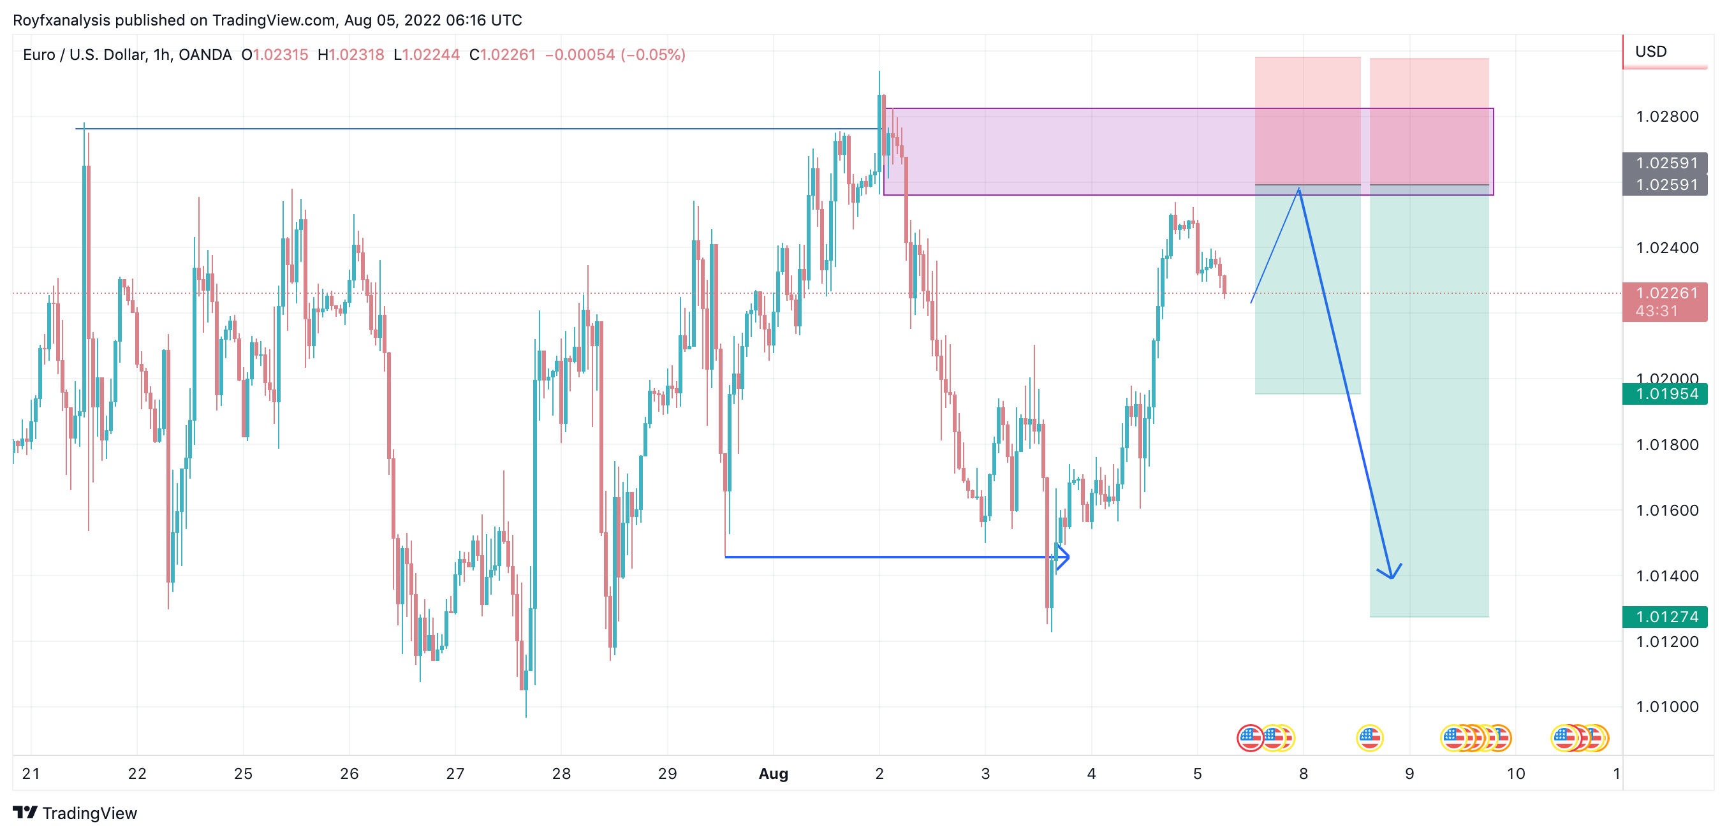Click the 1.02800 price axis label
coord(1666,117)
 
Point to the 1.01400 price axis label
coord(1666,576)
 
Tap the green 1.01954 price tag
coord(1665,394)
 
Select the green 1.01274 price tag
coord(1665,616)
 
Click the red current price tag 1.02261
coord(1665,293)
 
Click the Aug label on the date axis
coord(773,773)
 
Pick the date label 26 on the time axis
coord(349,773)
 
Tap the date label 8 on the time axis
coord(1303,773)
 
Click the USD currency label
coord(1650,52)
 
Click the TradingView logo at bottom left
coord(75,813)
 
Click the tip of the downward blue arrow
coord(1392,577)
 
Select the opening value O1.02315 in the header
coord(275,55)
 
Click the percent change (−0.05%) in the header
coord(653,55)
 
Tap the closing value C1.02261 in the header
coord(502,55)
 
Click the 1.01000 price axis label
coord(1666,706)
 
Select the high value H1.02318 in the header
coord(351,55)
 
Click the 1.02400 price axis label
coord(1666,248)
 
